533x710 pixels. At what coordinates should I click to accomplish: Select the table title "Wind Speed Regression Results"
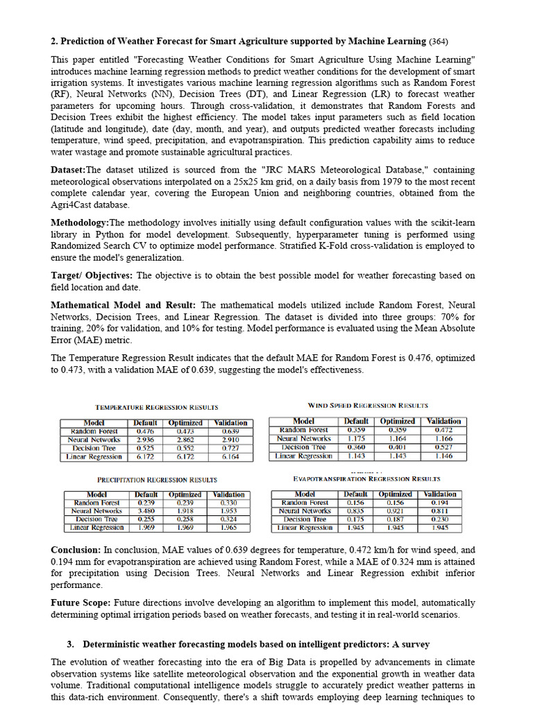coord(368,405)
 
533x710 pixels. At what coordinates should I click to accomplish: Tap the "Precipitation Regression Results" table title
coord(157,479)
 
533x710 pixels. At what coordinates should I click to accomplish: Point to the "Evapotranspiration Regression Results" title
coord(366,478)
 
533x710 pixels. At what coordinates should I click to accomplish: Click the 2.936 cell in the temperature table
coord(145,440)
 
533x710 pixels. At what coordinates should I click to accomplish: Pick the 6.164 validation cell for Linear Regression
coord(230,457)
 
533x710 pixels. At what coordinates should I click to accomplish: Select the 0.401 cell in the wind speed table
coord(397,447)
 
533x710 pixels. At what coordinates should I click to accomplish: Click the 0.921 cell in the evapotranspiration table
coord(395,511)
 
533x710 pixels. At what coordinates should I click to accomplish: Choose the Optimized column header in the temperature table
coord(186,422)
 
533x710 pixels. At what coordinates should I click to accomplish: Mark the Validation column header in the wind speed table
coord(443,421)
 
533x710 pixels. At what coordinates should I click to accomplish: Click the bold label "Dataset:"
coord(68,170)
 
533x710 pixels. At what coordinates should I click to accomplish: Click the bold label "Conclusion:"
coord(76,550)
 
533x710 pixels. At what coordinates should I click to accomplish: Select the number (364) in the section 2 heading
coord(439,42)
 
